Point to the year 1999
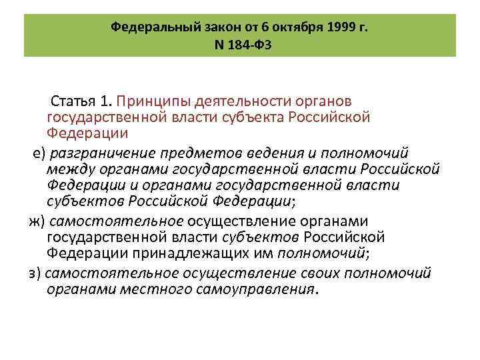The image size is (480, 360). (341, 27)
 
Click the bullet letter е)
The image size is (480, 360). (39, 153)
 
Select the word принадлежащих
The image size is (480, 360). (186, 252)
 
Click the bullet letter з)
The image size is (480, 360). (35, 273)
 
